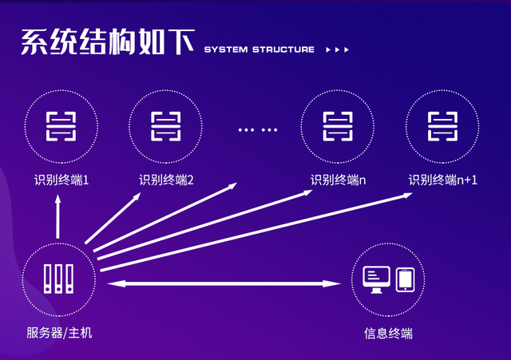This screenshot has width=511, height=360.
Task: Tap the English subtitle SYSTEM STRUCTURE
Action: [259, 49]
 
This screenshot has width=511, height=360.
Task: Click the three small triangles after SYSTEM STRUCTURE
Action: [338, 49]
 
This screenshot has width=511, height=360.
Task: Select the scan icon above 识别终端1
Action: [61, 125]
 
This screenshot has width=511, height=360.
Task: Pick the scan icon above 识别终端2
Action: [166, 125]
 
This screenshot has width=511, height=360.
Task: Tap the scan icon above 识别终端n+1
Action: [442, 125]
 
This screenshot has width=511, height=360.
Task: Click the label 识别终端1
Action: [61, 180]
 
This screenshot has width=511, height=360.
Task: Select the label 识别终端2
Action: [166, 180]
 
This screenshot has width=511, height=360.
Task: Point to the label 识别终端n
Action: [338, 180]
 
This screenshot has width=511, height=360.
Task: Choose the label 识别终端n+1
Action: [442, 180]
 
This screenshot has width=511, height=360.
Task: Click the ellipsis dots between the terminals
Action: [257, 129]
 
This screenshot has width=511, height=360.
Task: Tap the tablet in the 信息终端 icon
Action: [406, 279]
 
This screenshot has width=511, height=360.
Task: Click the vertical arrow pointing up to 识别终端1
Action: [57, 217]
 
